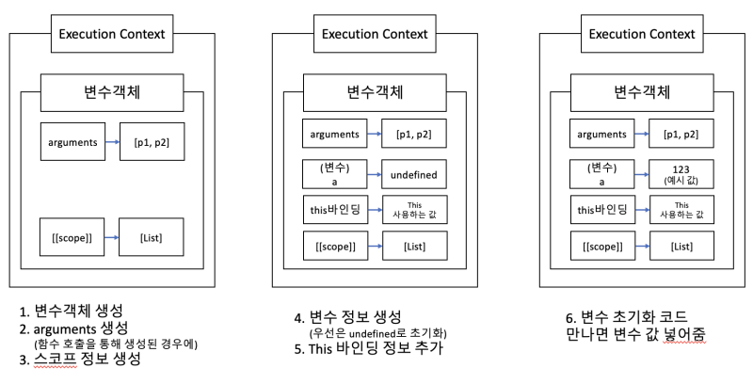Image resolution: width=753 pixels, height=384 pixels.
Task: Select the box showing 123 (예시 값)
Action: click(678, 174)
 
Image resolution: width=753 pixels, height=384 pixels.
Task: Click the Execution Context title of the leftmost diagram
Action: click(112, 35)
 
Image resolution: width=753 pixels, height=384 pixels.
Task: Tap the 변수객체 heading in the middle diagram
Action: click(376, 95)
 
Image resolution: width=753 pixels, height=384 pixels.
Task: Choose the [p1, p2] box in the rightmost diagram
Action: click(678, 135)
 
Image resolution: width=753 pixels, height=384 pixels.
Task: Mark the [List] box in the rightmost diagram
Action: click(678, 247)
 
